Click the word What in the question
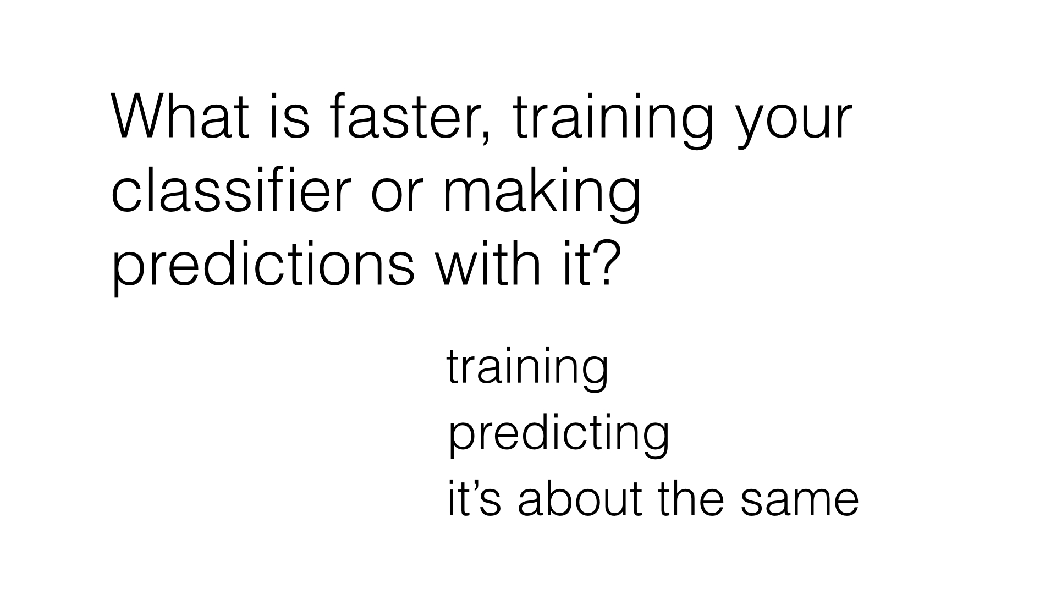coord(180,117)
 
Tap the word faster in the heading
coord(402,117)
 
